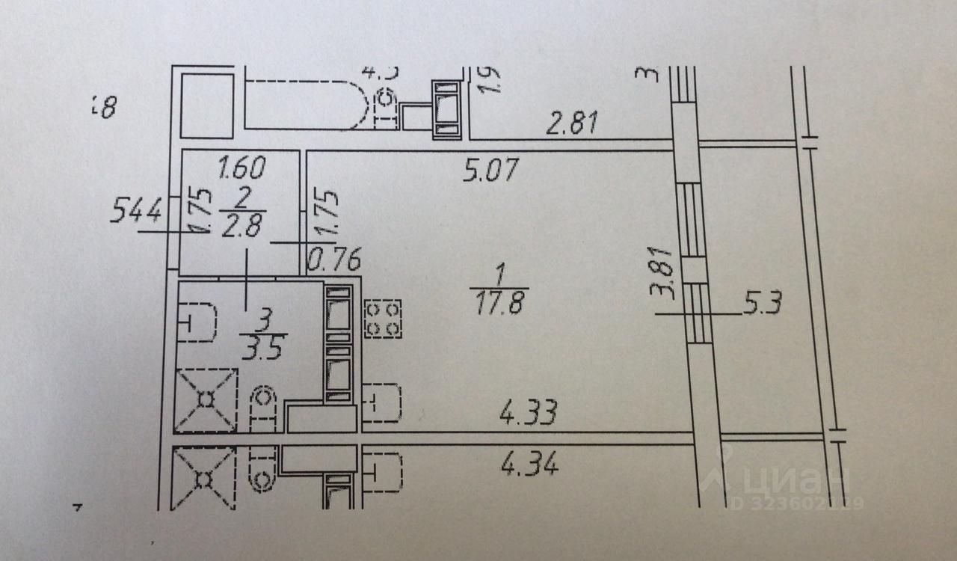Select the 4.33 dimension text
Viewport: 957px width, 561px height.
tap(530, 414)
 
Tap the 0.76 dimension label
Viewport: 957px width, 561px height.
tap(336, 260)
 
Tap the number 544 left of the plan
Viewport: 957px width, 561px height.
tap(135, 212)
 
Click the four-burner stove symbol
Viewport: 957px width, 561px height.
tap(383, 319)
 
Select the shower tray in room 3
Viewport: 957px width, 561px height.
tap(206, 400)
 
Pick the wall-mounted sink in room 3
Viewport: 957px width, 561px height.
tap(199, 322)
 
